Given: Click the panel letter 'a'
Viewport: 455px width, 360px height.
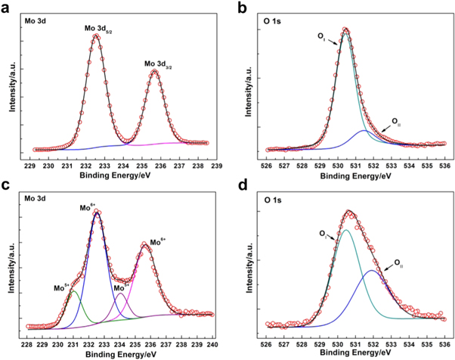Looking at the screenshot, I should tap(7, 7).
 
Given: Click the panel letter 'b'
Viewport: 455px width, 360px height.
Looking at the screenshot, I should tap(238, 7).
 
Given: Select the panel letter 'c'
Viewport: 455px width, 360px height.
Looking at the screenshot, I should tap(6, 186).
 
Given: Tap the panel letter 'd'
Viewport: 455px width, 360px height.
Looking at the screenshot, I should tap(238, 186).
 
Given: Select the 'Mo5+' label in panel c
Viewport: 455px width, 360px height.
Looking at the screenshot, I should tap(62, 287).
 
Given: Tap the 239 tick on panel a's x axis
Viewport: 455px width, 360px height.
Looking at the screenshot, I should tap(215, 164).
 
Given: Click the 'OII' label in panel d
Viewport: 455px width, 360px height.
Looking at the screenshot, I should tap(398, 264).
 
